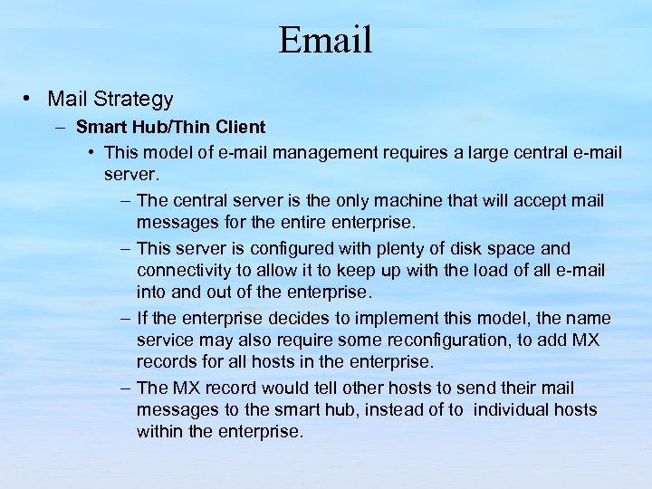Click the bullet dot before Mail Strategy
coord(30,98)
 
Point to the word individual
coord(513,410)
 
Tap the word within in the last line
coord(158,432)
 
